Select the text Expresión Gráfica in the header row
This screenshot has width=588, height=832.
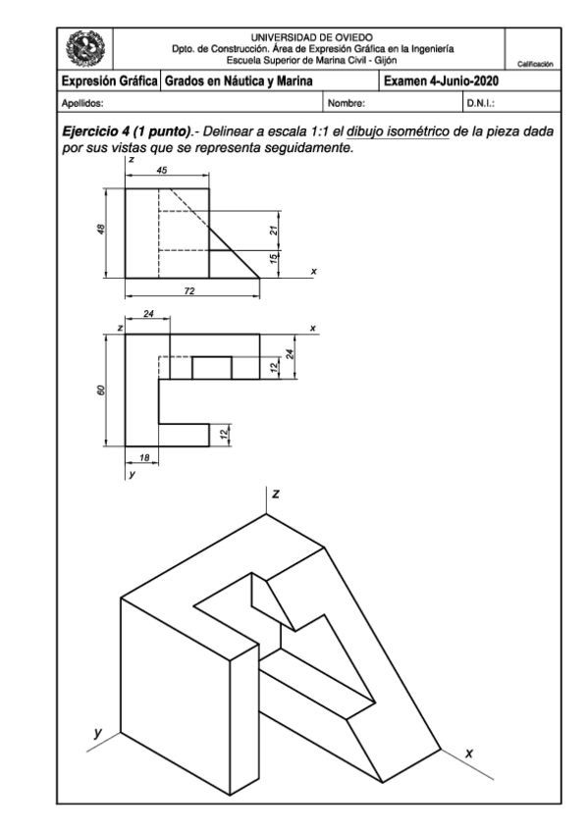coord(108,81)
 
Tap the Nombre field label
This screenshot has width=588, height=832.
coord(347,100)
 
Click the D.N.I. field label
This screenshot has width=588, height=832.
coord(480,100)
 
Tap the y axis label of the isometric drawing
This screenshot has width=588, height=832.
coord(97,732)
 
